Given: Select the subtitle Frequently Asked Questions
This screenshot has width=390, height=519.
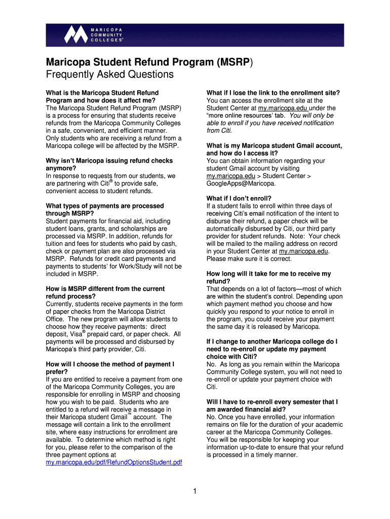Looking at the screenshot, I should (110, 75).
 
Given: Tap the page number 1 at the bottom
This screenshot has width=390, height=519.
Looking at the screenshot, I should (195, 491).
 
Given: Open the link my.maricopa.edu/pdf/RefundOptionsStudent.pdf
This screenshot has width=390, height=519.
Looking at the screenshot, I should (114, 463).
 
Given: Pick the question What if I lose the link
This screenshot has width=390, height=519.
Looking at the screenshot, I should (273, 93).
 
